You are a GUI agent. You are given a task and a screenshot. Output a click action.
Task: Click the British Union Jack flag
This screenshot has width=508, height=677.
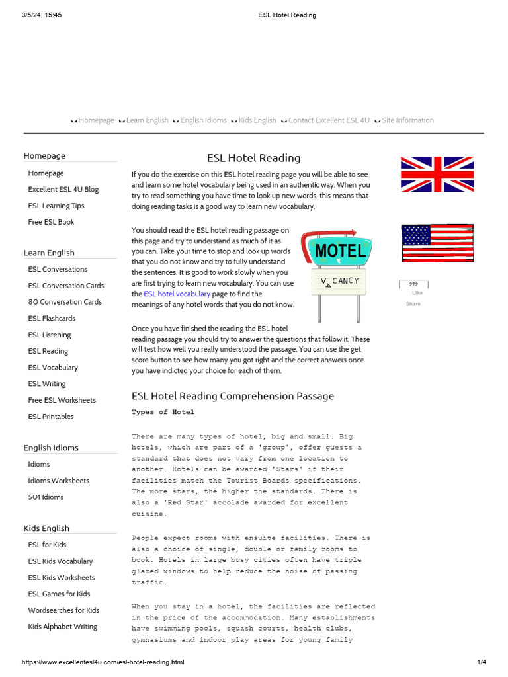point(437,174)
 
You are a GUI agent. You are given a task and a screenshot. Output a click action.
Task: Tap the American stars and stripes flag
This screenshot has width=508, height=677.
point(437,243)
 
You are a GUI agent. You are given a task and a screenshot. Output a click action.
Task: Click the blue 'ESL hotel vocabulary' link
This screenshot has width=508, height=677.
point(177,294)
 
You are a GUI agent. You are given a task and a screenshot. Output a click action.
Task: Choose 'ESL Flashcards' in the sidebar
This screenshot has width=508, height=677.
point(52,318)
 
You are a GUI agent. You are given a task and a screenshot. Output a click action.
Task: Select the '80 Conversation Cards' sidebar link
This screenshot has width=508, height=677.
point(65,301)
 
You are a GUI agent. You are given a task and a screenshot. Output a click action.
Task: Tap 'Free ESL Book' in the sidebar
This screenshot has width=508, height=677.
point(51,222)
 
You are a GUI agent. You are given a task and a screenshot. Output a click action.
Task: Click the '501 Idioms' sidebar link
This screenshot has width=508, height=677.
point(46,497)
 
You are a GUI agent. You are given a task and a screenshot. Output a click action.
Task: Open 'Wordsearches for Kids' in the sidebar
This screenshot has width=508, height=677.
point(63,610)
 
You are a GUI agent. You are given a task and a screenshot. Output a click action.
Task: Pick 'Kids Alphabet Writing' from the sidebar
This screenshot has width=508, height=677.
point(62,627)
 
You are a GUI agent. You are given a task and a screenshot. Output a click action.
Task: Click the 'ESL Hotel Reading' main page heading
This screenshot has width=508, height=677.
point(253,158)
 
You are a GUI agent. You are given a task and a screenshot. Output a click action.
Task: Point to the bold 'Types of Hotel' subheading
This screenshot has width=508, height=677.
point(163,412)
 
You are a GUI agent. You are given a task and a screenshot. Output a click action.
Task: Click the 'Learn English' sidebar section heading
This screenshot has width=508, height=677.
point(49,253)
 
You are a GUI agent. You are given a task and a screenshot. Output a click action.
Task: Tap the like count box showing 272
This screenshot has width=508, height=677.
point(413,284)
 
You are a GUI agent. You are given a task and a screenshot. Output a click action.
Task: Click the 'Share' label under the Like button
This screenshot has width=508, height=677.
point(413,304)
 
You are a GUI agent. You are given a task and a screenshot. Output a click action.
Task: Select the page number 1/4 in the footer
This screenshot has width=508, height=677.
point(482,662)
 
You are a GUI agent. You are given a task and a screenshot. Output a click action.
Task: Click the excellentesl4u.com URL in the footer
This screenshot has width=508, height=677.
point(103,662)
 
